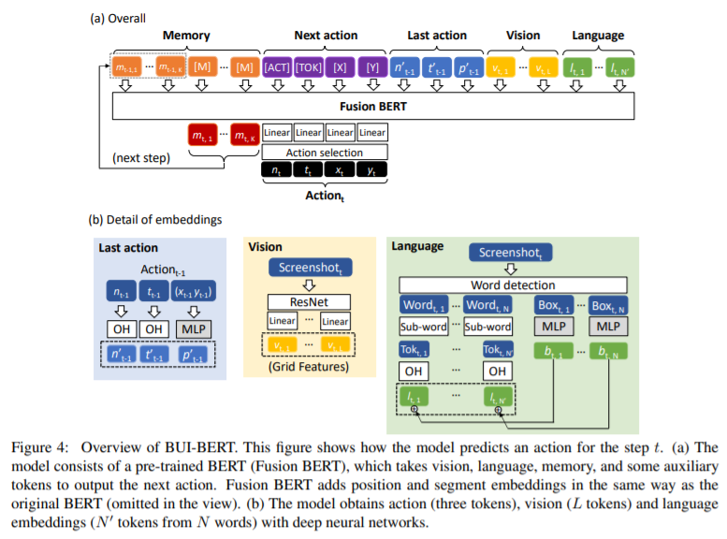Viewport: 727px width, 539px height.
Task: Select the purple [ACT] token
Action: (x=278, y=67)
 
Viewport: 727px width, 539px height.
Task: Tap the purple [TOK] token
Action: (x=310, y=67)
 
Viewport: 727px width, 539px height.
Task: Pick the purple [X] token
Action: (x=342, y=67)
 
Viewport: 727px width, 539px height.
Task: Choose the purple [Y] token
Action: (x=372, y=67)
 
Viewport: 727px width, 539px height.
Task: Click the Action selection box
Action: (x=325, y=152)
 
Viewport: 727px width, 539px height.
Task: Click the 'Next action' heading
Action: (x=326, y=36)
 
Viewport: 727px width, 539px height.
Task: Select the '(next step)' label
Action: (x=141, y=159)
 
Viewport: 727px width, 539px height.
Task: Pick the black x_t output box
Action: (x=341, y=171)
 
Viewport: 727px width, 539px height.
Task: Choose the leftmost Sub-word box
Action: (x=424, y=327)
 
